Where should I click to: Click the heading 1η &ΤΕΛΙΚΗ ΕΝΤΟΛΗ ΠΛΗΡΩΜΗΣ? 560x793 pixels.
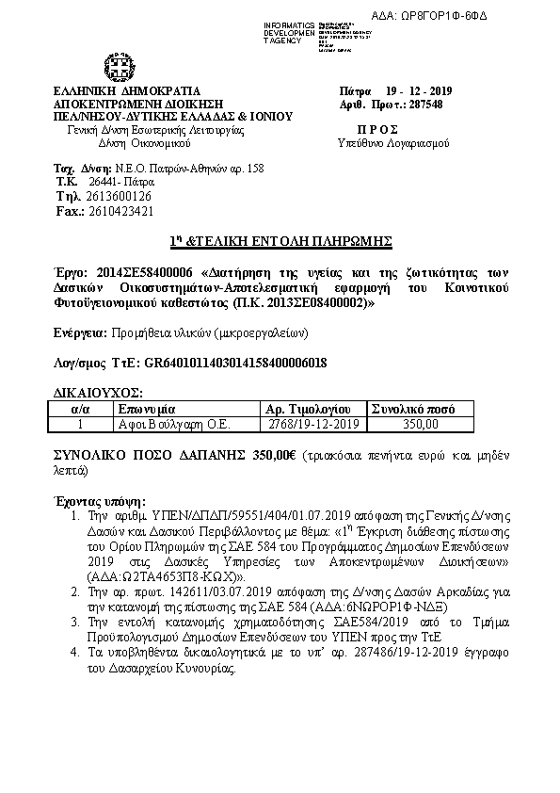[x=280, y=240]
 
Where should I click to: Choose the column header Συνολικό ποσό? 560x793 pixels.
[x=414, y=410]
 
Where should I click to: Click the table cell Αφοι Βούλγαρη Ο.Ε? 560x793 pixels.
[x=167, y=425]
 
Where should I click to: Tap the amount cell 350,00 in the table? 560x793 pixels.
[x=421, y=425]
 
